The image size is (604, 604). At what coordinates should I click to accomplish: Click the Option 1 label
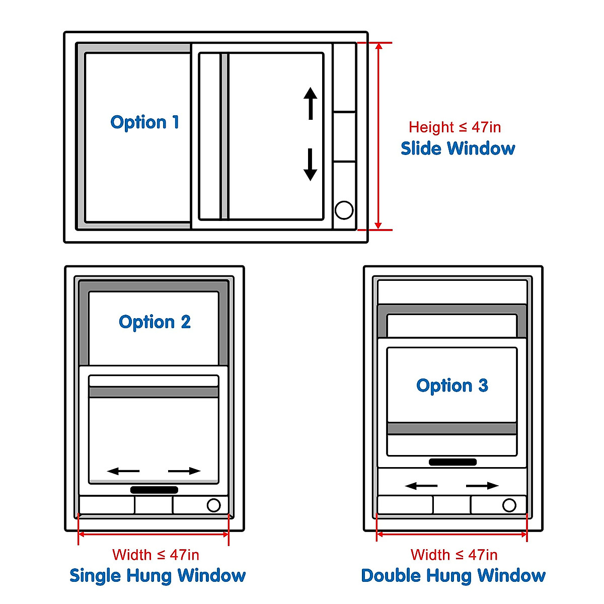pos(144,122)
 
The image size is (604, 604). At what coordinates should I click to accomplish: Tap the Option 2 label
pos(155,322)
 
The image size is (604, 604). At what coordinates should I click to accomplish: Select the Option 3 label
pos(452,386)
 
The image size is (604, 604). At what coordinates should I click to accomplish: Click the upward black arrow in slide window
pos(311,103)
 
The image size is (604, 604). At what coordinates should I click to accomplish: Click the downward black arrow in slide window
pos(311,165)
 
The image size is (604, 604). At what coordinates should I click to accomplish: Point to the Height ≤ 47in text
pos(455,127)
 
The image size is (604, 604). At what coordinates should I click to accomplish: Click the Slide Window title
pos(458,148)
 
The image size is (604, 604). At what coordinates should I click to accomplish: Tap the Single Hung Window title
pos(158,575)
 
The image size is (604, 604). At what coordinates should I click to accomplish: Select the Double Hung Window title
pos(453,575)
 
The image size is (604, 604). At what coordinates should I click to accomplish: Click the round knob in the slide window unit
pos(344,210)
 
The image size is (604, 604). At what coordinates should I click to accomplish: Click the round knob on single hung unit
pos(213,505)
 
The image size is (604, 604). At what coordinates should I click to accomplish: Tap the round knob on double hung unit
pos(509,505)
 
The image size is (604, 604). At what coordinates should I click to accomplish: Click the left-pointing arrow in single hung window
pos(123,471)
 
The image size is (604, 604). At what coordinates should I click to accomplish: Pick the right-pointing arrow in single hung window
pos(184,471)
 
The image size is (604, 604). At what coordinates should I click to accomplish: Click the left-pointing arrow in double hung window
pos(421,486)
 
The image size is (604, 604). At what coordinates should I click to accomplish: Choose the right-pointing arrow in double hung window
pos(482,486)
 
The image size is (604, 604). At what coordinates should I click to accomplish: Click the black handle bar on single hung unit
pos(154,490)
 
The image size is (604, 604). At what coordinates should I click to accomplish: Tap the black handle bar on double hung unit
pos(452,462)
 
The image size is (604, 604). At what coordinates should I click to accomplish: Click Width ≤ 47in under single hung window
pos(156,555)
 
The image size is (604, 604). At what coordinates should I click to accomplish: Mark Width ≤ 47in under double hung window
pos(454,555)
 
